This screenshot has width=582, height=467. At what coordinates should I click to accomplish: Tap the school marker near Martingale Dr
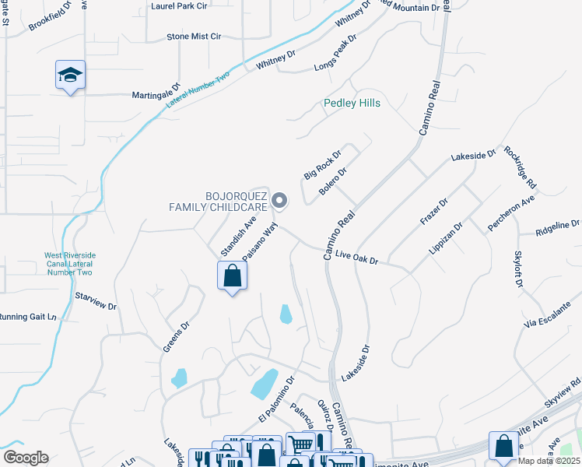point(70,75)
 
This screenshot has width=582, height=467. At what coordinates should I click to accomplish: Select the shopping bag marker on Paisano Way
point(232,276)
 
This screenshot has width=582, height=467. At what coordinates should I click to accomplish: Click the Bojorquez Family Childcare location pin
point(281,202)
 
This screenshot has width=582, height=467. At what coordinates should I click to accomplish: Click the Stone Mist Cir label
point(194,37)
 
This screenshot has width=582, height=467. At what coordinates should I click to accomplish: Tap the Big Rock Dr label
point(322,166)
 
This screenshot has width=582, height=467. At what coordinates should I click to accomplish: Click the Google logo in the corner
point(25,457)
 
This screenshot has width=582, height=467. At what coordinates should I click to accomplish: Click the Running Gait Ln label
point(29,317)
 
